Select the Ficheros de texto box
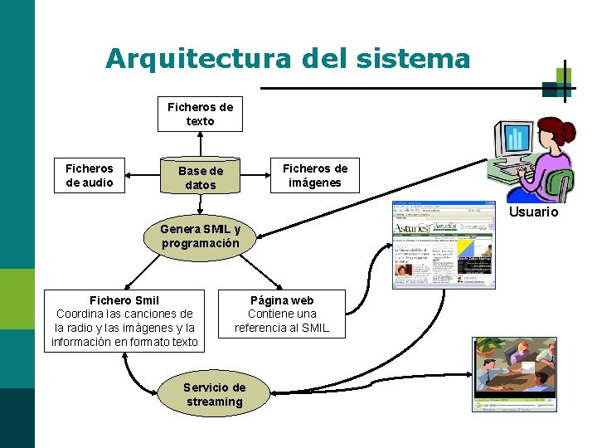pos(201,114)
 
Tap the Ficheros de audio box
pos(90,175)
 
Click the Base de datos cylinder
pos(201,177)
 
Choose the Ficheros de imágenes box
pos(315,175)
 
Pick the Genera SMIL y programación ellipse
pos(201,236)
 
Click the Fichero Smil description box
pos(124,320)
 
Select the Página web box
pos(282,314)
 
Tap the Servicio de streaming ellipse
pos(214,394)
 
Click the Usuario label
pos(533,212)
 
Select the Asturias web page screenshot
pos(443,245)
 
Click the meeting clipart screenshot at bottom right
pos(514,373)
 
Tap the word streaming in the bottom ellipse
pos(215,402)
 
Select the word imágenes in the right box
pos(315,183)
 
